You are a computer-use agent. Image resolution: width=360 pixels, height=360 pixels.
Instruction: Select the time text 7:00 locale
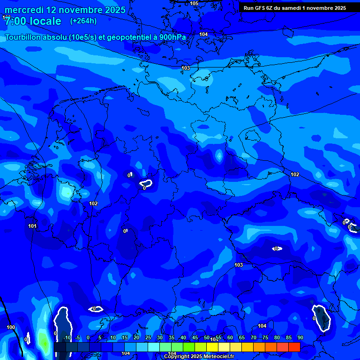coord(33,21)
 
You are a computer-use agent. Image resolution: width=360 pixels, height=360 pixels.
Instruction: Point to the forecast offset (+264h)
coord(83,21)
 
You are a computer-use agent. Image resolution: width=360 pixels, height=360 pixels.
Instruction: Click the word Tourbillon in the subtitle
coord(24,37)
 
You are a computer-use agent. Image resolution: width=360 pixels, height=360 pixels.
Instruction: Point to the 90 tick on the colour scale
coord(300,337)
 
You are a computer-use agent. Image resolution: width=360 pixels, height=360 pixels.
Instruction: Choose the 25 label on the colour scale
coord(148,337)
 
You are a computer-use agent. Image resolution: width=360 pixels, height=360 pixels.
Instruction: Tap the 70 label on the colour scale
coord(254,337)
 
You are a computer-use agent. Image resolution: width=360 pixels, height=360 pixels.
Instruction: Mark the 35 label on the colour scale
coord(172,337)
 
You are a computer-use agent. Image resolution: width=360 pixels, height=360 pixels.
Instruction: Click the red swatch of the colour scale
coord(294,347)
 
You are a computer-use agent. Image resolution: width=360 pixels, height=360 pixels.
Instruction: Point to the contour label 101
coord(32,226)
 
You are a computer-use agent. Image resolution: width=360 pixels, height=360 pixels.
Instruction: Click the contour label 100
coord(11,327)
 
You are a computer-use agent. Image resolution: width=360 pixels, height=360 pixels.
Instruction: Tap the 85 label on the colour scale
coord(289,337)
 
